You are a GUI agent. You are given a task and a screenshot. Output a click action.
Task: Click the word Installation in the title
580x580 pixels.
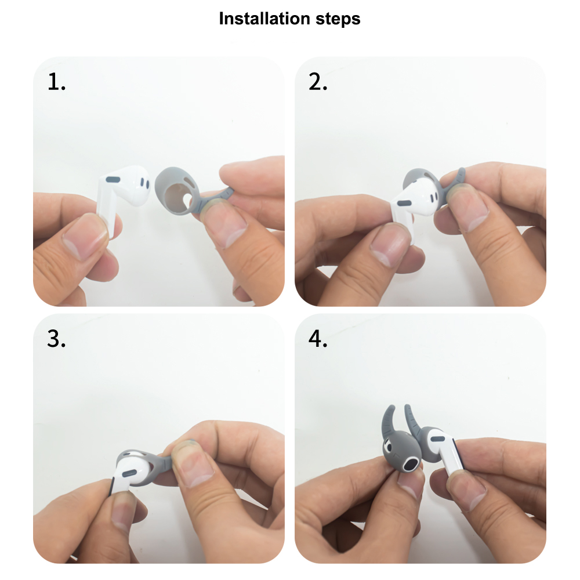(264, 19)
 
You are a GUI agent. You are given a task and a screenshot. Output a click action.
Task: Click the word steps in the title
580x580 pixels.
(338, 19)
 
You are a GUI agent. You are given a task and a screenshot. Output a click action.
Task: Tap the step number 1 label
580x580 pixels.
(56, 82)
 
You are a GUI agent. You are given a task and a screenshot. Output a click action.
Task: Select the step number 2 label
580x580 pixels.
(318, 82)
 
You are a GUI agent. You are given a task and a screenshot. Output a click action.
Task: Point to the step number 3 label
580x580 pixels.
(56, 339)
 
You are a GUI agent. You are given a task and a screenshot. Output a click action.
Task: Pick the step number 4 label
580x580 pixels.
(318, 339)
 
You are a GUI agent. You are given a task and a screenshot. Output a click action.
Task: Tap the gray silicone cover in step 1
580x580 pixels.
(181, 190)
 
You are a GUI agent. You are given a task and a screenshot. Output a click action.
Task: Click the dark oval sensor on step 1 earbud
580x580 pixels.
(113, 180)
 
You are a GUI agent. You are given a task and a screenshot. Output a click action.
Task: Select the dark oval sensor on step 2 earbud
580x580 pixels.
(405, 203)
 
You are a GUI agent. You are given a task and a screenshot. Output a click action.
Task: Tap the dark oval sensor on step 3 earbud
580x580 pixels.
(129, 473)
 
